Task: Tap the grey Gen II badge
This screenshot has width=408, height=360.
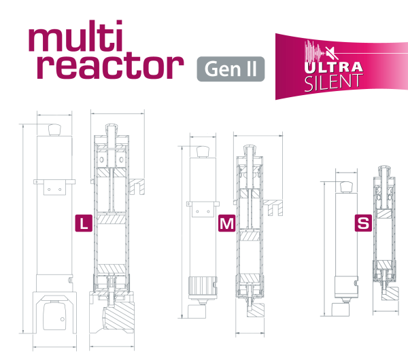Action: click(x=231, y=69)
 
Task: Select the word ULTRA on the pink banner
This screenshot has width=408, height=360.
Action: click(x=333, y=69)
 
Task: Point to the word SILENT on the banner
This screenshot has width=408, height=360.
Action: click(x=333, y=83)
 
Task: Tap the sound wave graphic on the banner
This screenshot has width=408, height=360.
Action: click(x=314, y=53)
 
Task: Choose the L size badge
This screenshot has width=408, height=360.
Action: click(x=84, y=223)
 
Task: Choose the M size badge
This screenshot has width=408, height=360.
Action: click(x=227, y=223)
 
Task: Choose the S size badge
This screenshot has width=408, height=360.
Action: click(x=364, y=223)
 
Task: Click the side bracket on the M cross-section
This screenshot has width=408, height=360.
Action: click(x=274, y=207)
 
